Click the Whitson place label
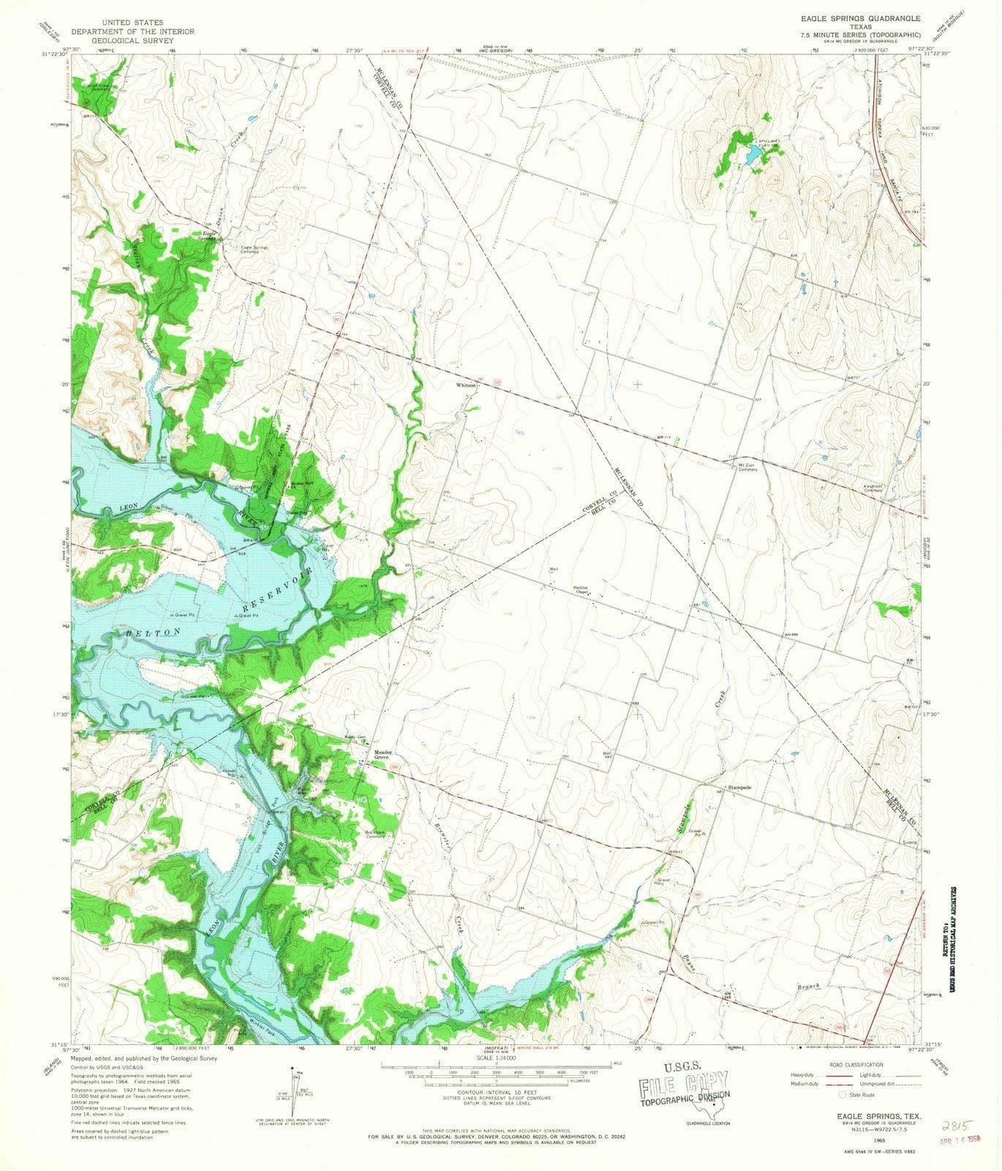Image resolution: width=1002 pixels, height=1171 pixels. pos(466,385)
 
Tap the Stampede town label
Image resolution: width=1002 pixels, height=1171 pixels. pos(739,787)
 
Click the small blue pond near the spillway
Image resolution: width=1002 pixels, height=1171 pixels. pos(752,154)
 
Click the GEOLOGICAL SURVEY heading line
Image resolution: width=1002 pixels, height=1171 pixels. pos(132,41)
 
